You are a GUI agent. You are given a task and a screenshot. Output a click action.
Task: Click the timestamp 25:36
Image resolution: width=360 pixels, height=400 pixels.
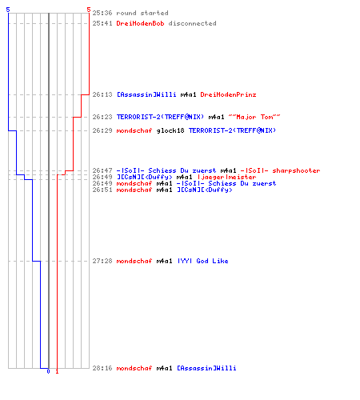click(x=102, y=13)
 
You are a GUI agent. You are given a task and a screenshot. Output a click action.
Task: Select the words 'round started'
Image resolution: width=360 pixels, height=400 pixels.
click(x=142, y=13)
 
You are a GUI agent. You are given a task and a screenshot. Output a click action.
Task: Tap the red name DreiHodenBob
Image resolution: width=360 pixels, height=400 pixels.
click(x=140, y=23)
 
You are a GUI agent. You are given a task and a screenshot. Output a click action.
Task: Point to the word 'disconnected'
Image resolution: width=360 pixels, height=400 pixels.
click(x=192, y=23)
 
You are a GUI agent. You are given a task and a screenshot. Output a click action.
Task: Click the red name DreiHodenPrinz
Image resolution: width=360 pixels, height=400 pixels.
click(x=228, y=94)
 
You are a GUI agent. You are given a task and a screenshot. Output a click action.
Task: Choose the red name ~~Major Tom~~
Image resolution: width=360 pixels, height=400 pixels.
click(x=254, y=117)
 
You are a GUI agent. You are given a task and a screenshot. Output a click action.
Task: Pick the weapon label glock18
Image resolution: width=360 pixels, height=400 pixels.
click(x=170, y=130)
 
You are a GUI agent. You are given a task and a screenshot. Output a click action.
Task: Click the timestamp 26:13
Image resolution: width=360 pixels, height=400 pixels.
click(x=102, y=94)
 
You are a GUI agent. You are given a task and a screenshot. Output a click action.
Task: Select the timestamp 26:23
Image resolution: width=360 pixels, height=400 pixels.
click(x=102, y=117)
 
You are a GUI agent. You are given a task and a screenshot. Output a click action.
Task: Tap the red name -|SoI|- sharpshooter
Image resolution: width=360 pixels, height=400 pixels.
click(x=280, y=170)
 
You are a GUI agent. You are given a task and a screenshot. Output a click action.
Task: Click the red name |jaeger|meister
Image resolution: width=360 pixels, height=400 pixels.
click(x=227, y=177)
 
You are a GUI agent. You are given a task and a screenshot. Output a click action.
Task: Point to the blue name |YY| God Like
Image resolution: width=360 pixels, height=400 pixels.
click(x=203, y=261)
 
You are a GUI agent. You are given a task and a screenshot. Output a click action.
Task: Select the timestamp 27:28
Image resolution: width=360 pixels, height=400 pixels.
click(x=102, y=261)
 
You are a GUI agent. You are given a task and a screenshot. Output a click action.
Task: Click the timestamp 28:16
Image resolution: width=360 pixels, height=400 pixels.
click(x=102, y=368)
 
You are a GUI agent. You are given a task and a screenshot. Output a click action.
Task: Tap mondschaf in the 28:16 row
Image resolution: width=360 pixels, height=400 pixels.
click(x=134, y=368)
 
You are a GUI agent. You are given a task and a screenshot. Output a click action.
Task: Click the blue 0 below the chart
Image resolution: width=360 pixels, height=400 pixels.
click(x=48, y=371)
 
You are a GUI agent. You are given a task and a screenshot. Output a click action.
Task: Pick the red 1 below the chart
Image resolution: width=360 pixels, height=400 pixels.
click(x=57, y=371)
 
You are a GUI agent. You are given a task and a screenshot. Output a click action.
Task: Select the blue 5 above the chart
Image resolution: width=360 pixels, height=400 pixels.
click(x=8, y=10)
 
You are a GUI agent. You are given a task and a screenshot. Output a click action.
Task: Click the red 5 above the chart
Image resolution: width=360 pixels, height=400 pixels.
click(x=89, y=10)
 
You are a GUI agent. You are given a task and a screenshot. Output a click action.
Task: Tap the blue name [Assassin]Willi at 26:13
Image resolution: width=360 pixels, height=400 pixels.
click(x=146, y=94)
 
